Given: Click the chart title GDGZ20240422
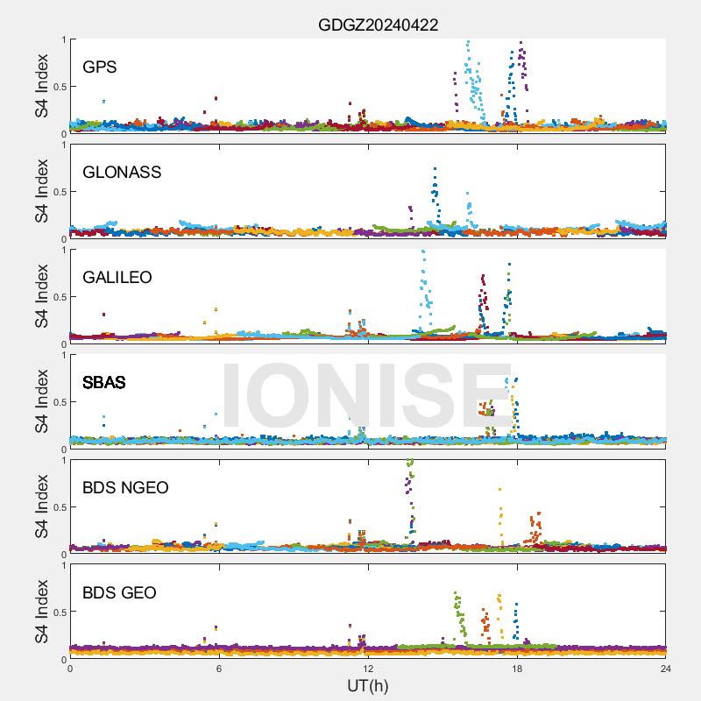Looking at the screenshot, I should coord(378,25).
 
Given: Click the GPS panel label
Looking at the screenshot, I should coord(100,67).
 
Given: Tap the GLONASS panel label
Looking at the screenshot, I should coord(122,173).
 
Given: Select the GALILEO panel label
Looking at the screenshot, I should coord(117,278).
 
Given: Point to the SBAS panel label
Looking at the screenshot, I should coord(104,383).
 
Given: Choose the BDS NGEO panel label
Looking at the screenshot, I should coord(125,488).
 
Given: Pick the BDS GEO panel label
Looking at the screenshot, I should coord(119,593).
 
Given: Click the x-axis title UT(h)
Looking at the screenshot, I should coord(367,684).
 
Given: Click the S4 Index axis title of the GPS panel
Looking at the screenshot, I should coord(41,86).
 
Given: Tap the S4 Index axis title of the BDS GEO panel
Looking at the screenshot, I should coord(41,612).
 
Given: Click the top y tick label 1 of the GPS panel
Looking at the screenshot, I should coord(63,39).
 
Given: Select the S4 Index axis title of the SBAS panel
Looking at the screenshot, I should coord(41,401).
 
